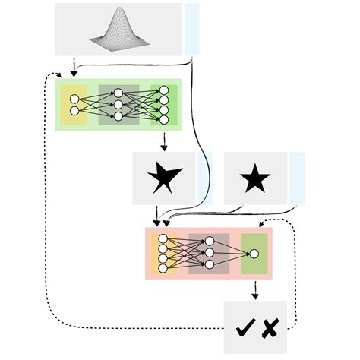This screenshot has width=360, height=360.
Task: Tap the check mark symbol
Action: (x=245, y=329)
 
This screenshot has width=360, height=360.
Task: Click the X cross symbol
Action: (x=270, y=329)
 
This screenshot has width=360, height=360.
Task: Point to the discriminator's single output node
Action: (x=254, y=253)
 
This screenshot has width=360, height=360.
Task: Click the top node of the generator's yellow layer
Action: (x=74, y=99)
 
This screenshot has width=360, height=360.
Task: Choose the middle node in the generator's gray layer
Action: (x=118, y=106)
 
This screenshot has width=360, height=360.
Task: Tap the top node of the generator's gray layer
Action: (x=118, y=94)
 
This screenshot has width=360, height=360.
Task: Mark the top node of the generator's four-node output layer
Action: (x=163, y=90)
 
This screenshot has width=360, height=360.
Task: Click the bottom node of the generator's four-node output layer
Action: (x=163, y=120)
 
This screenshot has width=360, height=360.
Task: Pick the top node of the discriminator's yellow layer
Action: (x=163, y=238)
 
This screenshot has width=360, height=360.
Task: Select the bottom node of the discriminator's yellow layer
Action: (x=163, y=268)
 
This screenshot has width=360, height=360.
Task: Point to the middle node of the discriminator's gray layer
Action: (x=209, y=253)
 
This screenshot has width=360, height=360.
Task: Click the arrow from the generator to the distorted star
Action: (x=163, y=141)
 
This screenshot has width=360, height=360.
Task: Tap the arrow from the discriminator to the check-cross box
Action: (x=254, y=289)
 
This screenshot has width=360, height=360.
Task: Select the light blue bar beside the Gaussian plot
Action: (x=191, y=28)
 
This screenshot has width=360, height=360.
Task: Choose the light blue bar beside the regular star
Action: (x=297, y=178)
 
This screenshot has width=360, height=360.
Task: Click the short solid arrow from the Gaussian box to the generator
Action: (x=73, y=67)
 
